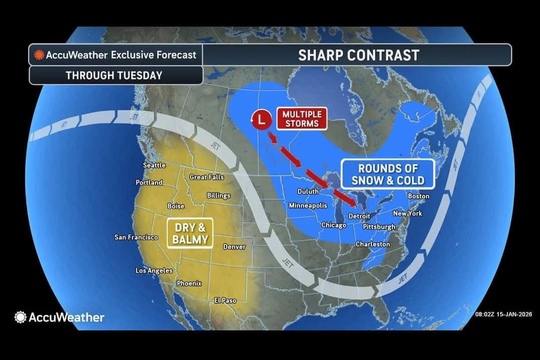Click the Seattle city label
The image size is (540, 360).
154,165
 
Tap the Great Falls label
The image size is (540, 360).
207,177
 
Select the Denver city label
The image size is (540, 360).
234,247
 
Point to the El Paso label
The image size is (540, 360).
225,300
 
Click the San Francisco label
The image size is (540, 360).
136,237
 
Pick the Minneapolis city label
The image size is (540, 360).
308,205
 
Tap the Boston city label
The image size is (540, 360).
419,196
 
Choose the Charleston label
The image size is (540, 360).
372,244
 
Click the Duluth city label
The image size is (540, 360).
308,191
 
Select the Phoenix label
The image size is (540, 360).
189,283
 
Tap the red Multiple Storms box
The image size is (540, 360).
301,118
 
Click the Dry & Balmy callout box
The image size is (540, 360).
190,233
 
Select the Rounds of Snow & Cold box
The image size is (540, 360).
387,174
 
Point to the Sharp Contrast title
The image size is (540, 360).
358,55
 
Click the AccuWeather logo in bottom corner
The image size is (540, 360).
60,317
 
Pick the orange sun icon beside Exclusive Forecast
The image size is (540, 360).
39,55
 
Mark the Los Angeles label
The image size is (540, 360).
154,271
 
